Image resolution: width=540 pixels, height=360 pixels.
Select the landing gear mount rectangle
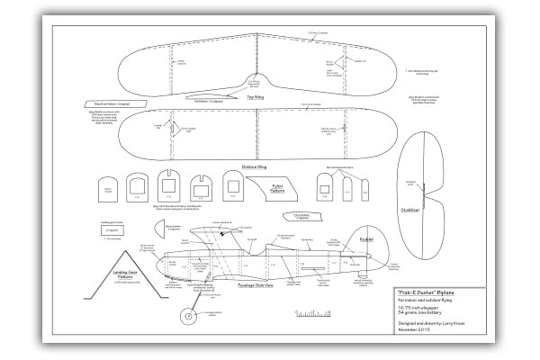coord(107,229)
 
